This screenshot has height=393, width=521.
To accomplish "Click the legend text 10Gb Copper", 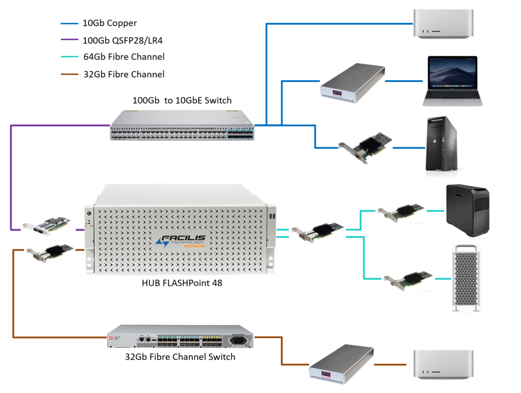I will (x=109, y=23).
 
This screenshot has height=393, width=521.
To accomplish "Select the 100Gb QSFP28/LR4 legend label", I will (x=124, y=40).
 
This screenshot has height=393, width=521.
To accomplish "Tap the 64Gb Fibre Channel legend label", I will (x=124, y=57).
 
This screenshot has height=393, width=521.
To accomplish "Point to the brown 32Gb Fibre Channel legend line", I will (x=69, y=74).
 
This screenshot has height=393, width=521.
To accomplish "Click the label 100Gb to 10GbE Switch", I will (x=182, y=101).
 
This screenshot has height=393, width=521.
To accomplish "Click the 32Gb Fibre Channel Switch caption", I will (x=180, y=357).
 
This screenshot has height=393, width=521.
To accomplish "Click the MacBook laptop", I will (x=451, y=81).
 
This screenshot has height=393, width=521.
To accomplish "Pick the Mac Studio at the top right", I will (x=442, y=24).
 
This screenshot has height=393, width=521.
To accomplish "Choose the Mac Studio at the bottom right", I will (x=443, y=365).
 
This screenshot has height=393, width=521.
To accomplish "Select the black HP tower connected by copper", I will (x=441, y=144).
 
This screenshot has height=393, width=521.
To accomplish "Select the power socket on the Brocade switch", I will (x=239, y=339).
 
